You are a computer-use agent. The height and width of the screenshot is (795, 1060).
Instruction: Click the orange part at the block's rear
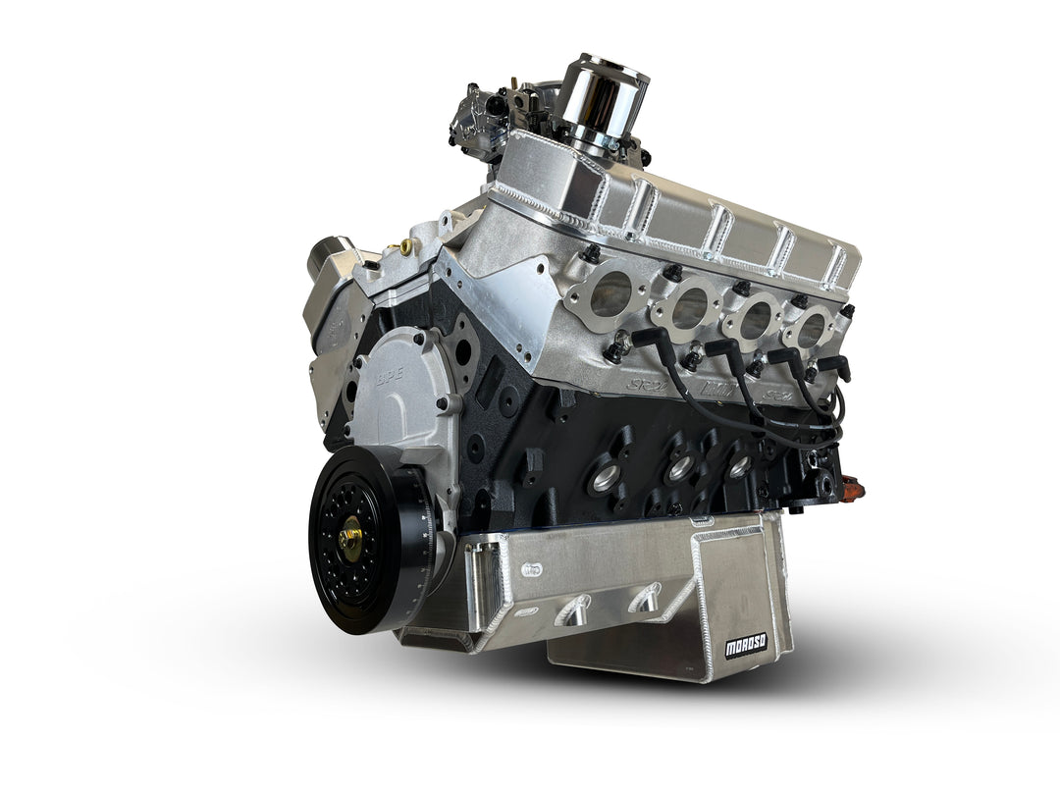click(x=850, y=485)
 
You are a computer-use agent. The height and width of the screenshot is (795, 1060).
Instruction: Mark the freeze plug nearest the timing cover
click(x=605, y=479)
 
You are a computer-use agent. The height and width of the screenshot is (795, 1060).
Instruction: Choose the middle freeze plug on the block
click(x=679, y=469)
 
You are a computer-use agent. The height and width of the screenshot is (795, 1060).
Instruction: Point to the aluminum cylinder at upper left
click(x=330, y=260)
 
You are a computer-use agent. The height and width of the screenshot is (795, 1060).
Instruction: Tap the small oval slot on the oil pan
click(x=531, y=568)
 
